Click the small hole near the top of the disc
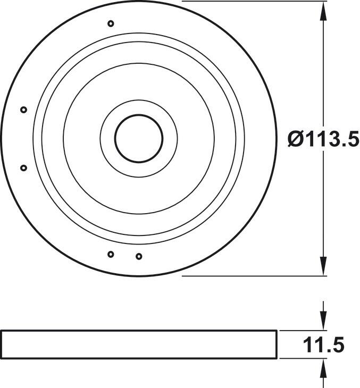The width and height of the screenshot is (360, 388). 111,23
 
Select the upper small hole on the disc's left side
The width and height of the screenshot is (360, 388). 23,109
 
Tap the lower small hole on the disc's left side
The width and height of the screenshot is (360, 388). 23,168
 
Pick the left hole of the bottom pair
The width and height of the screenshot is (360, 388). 111,254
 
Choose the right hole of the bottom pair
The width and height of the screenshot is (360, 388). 139,256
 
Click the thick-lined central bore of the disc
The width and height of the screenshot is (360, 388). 115,139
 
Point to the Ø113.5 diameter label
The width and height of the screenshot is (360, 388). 323,139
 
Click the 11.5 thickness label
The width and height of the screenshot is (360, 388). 323,345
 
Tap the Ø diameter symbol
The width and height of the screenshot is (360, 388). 296,139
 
